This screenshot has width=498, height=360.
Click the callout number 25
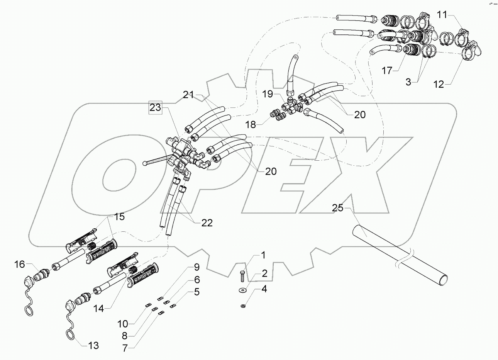pyautogui.click(x=337, y=208)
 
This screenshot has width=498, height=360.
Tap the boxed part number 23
pyautogui.click(x=156, y=108)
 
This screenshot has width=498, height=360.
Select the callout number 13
pyautogui.click(x=93, y=345)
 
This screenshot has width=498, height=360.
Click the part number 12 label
pyautogui.click(x=439, y=84)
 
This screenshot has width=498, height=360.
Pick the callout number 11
pyautogui.click(x=442, y=15)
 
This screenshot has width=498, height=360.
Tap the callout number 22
pyautogui.click(x=207, y=223)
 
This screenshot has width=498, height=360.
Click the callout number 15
pyautogui.click(x=119, y=217)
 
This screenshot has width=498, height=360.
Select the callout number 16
pyautogui.click(x=20, y=264)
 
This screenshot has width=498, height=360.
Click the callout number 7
pyautogui.click(x=125, y=348)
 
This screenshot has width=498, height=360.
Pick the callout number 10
pyautogui.click(x=125, y=323)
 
